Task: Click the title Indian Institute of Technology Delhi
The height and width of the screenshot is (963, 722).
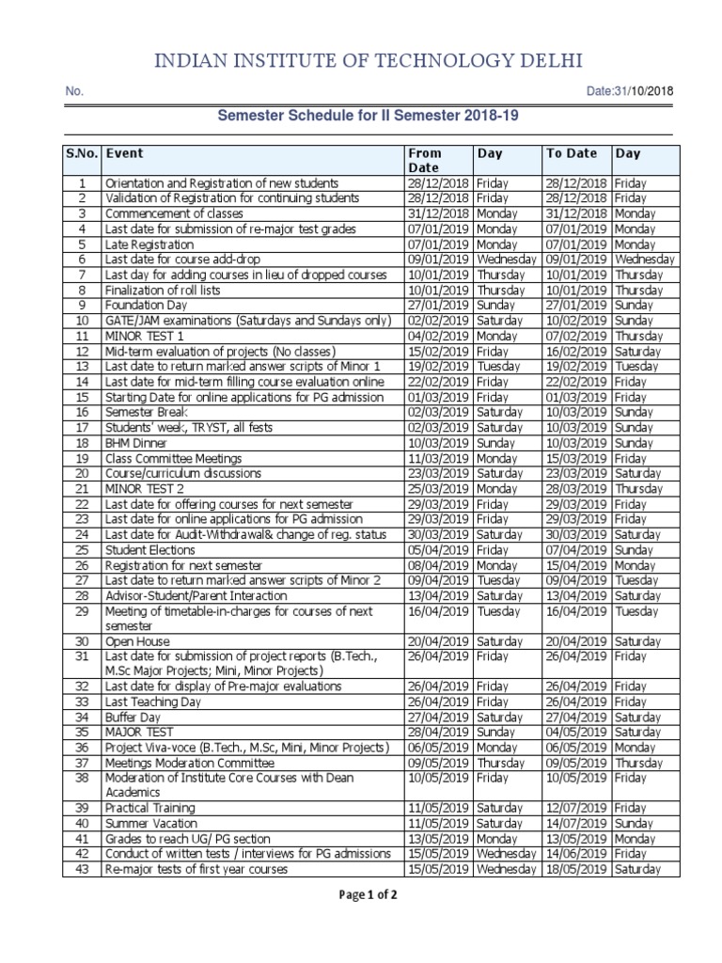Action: (361, 62)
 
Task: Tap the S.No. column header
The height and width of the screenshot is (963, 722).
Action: (82, 152)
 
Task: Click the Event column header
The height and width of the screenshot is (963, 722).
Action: (125, 152)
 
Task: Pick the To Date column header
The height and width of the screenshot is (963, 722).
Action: (571, 152)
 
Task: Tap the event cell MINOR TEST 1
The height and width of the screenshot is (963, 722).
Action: (145, 336)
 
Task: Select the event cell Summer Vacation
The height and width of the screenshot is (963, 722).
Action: (151, 824)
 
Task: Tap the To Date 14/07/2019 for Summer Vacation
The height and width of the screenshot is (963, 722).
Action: (576, 824)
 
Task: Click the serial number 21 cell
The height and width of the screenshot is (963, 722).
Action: (82, 489)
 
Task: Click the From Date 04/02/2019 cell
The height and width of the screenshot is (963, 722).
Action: (438, 336)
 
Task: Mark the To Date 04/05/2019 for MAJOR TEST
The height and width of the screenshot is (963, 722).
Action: (576, 732)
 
